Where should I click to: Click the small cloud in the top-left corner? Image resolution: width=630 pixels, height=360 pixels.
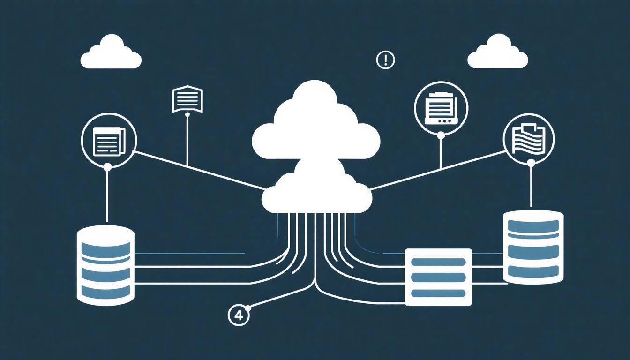(x=111, y=53)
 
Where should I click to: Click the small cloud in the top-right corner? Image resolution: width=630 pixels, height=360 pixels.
(x=497, y=53)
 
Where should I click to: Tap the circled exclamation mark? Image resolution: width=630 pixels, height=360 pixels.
(x=385, y=60)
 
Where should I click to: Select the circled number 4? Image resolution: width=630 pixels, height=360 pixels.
(x=239, y=315)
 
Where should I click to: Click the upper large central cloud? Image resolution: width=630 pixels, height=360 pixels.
(x=315, y=124)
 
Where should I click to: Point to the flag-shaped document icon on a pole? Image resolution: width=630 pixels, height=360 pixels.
(x=187, y=99)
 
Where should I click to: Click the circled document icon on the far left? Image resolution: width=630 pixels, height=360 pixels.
(x=109, y=139)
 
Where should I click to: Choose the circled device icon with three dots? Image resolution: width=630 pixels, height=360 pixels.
(x=441, y=107)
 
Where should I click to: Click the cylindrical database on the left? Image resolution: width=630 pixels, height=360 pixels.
(x=105, y=265)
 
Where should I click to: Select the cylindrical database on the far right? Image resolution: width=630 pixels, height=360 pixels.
(x=532, y=247)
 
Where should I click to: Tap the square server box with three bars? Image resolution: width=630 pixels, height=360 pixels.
(x=438, y=277)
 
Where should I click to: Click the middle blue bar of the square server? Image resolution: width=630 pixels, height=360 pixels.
(x=438, y=277)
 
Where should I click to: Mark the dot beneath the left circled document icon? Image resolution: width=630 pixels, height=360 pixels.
(x=107, y=166)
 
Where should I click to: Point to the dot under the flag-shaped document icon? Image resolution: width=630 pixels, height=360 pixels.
(x=187, y=114)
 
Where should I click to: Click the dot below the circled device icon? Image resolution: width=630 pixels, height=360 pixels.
(x=441, y=135)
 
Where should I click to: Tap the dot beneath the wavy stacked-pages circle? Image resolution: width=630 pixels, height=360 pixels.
(x=531, y=163)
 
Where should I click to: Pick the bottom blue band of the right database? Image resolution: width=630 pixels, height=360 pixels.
(x=532, y=270)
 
